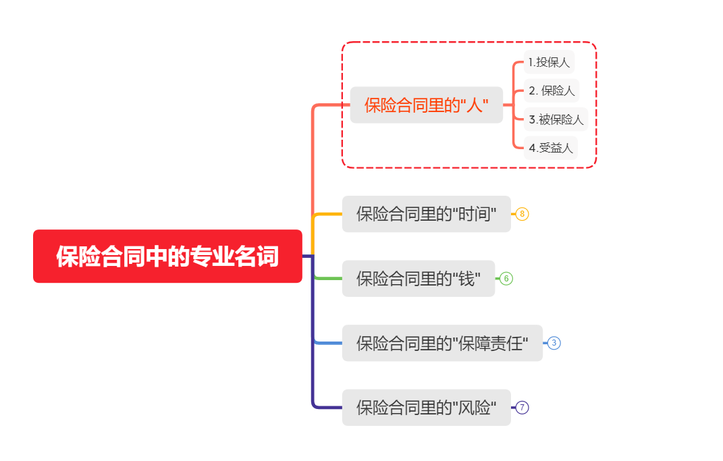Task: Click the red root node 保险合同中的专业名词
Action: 167,256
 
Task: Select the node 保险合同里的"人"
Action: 426,105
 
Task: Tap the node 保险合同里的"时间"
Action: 426,214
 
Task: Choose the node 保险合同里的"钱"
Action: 418,278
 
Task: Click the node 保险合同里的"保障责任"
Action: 442,343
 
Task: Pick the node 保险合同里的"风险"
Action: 426,408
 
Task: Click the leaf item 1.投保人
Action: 549,62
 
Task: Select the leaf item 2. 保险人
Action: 552,90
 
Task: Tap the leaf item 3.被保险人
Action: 556,119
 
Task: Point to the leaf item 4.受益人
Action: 551,148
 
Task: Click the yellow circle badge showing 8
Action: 523,214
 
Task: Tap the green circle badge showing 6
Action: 506,278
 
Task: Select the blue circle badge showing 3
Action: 554,343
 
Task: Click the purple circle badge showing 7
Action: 523,408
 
